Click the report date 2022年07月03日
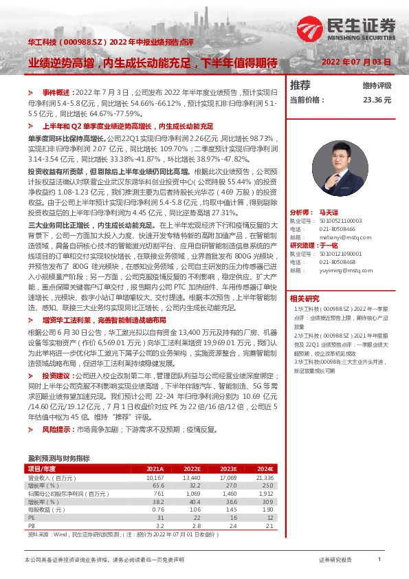(x=356, y=62)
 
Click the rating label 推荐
(x=300, y=85)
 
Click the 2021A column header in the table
(x=155, y=469)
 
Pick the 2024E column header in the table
(x=265, y=469)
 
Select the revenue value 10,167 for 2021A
(x=155, y=477)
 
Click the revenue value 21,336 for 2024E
(x=264, y=477)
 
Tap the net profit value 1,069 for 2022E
(x=192, y=494)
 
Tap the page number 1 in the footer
(x=379, y=560)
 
